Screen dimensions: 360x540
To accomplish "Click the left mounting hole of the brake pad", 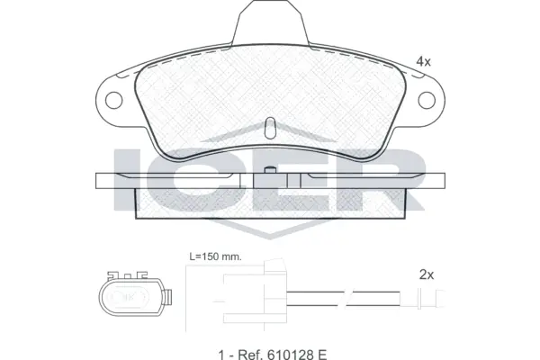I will pos(114,101).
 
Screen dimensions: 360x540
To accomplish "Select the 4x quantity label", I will pos(422,61).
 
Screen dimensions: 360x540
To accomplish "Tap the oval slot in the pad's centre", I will pos(269,127).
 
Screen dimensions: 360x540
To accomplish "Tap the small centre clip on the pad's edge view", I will pos(269,180).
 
